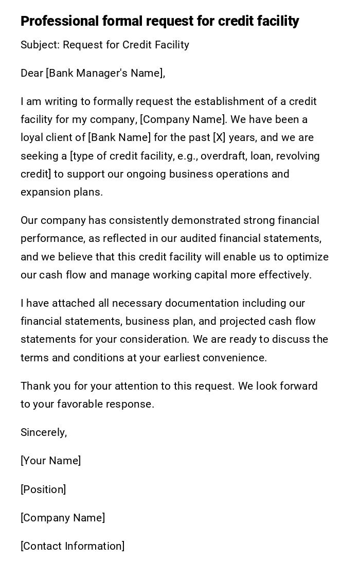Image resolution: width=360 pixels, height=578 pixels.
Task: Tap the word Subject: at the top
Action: [x=40, y=45]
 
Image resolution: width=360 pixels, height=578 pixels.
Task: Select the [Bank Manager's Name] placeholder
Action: [x=105, y=73]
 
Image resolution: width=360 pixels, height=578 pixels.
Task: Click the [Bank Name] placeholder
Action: [x=119, y=137]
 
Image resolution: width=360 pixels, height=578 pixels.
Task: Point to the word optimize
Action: [x=308, y=257]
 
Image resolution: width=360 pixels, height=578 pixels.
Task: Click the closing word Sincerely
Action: [x=43, y=432]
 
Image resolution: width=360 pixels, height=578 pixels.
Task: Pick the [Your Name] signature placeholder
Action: [x=50, y=461]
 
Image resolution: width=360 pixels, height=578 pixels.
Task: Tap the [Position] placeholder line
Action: [x=43, y=489]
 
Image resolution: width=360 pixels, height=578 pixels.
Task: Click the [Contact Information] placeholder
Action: [x=73, y=546]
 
